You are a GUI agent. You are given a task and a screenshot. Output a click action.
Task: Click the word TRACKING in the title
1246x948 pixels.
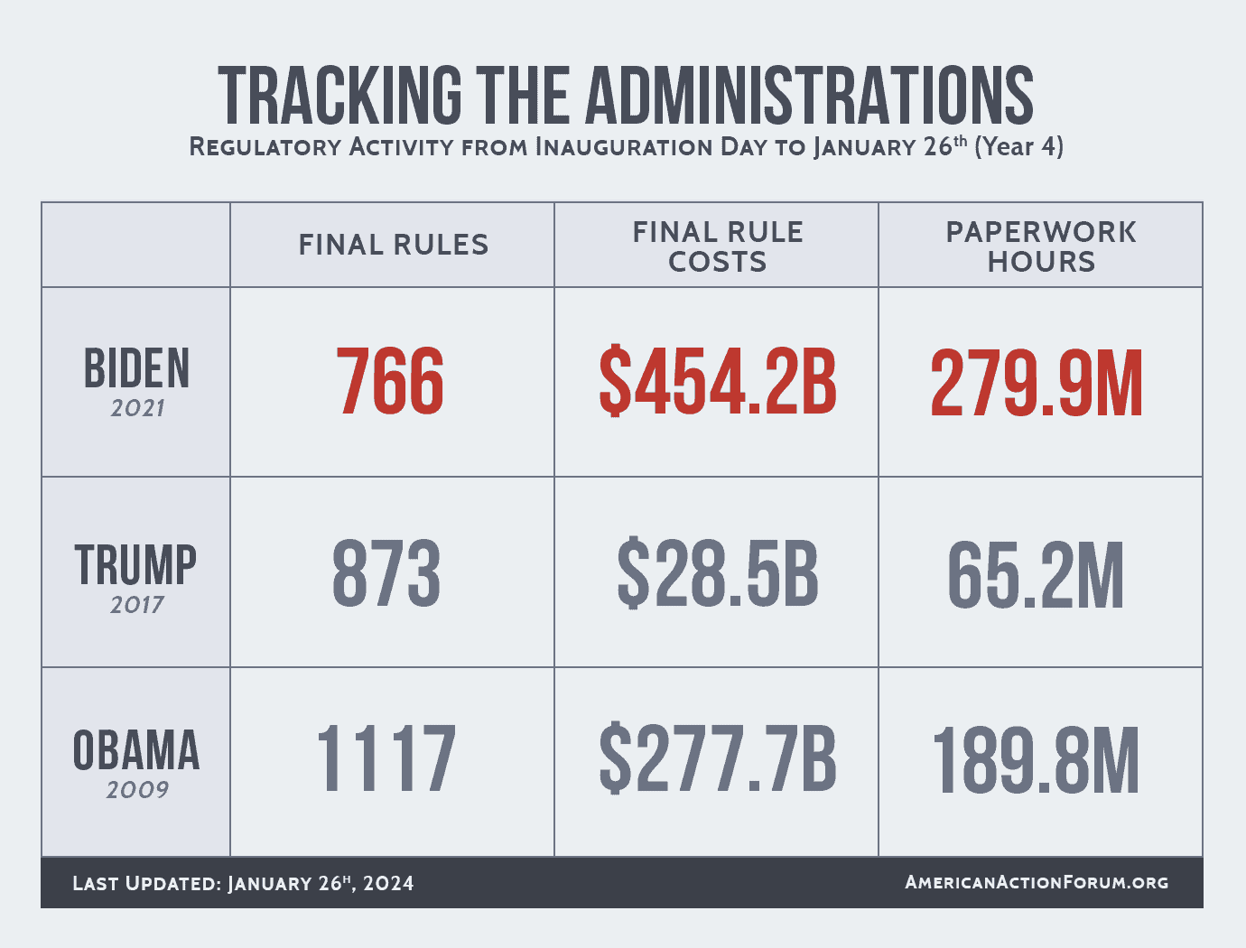[x=339, y=96]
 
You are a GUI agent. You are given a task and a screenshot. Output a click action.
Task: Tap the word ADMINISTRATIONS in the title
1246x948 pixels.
[x=810, y=96]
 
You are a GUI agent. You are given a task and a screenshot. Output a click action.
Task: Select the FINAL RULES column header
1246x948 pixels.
[x=394, y=245]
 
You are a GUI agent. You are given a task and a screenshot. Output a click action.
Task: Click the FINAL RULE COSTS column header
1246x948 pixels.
[x=718, y=247]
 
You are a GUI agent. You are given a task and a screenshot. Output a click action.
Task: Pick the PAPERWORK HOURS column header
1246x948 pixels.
[x=1041, y=247]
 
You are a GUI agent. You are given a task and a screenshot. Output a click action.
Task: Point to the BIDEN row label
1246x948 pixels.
[x=137, y=368]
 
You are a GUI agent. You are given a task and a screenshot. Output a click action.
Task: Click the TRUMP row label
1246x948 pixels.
[x=135, y=564]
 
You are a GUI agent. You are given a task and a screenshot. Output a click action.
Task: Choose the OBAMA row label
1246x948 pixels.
[x=136, y=750]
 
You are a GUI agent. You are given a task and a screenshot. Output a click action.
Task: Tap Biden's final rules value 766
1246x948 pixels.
[x=390, y=381]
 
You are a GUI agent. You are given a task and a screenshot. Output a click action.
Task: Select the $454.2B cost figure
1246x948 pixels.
[x=718, y=381]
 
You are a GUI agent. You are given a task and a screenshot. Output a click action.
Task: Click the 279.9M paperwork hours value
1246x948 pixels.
[x=1037, y=384]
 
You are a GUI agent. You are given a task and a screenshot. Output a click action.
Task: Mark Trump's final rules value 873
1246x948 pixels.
[x=386, y=573]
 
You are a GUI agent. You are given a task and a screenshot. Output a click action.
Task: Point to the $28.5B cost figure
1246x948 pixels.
[x=718, y=573]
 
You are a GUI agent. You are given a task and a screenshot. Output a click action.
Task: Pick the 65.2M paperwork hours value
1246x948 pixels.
[x=1036, y=576]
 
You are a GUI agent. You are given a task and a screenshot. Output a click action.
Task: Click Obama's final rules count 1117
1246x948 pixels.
[x=386, y=758]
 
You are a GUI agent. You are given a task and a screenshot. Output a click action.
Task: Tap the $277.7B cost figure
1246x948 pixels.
[x=718, y=758]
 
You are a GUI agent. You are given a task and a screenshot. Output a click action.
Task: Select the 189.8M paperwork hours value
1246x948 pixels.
[x=1036, y=761]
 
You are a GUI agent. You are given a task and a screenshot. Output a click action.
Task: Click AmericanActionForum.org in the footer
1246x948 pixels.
[x=1037, y=882]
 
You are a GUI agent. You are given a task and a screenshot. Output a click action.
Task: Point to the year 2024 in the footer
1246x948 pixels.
[x=388, y=883]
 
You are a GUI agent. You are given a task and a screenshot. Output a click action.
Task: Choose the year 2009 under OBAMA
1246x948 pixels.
[x=137, y=790]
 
